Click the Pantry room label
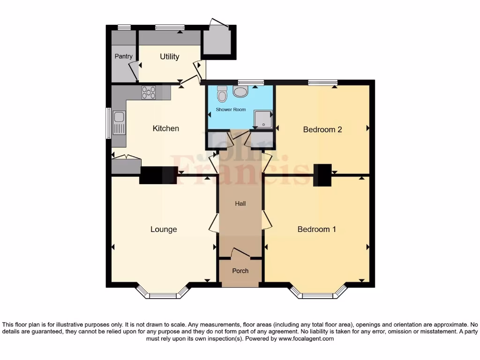124,56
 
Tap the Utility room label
169,56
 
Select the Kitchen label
166,128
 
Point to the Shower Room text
231,110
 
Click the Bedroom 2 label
322,129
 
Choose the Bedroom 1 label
316,229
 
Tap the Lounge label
164,229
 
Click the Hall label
240,203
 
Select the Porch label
240,271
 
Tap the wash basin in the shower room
240,91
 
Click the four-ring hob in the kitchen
149,93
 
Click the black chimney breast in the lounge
158,175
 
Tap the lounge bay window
163,295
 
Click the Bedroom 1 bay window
318,295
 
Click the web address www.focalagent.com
306,338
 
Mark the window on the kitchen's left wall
108,123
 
